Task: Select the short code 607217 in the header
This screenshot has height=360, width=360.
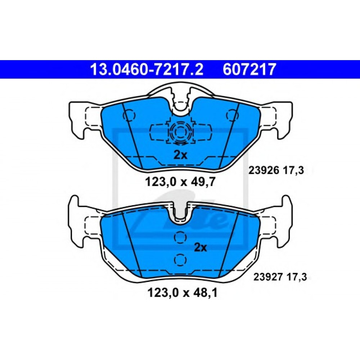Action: [249, 69]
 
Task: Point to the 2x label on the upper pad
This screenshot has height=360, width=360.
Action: [180, 155]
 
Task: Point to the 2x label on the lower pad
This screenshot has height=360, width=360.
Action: [201, 247]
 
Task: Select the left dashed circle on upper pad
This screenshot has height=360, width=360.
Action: [129, 115]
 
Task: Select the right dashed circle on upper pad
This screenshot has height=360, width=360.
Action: [231, 115]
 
